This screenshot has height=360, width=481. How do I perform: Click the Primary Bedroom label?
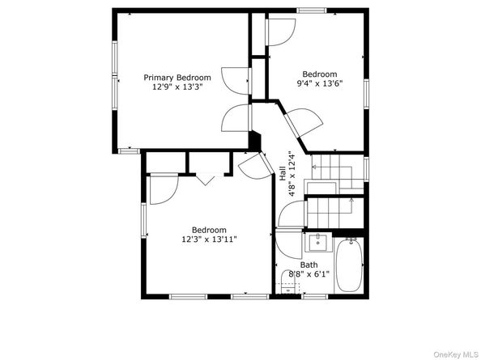177,78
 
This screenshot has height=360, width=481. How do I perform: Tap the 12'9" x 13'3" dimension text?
177,87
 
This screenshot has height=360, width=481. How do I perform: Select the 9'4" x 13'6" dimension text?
320,83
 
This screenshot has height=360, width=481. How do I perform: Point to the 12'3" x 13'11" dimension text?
209,239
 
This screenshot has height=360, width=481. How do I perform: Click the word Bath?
309,265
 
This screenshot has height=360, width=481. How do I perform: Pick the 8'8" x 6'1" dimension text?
309,273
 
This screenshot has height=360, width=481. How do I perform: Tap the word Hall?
283,173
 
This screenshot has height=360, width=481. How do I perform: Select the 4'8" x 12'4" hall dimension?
292,173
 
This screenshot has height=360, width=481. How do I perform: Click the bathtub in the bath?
349,265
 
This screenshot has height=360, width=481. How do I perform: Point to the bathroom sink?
318,242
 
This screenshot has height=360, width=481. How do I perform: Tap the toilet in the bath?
288,282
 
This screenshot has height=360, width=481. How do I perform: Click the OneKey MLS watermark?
456,355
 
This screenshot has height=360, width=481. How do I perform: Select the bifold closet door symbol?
205,180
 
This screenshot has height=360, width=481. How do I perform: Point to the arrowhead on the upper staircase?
314,167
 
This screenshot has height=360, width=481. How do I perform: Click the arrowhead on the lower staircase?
351,201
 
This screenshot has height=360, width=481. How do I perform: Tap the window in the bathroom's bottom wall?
315,296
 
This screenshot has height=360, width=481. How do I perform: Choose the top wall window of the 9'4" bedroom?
312,11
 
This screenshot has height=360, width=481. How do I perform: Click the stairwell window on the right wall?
366,169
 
